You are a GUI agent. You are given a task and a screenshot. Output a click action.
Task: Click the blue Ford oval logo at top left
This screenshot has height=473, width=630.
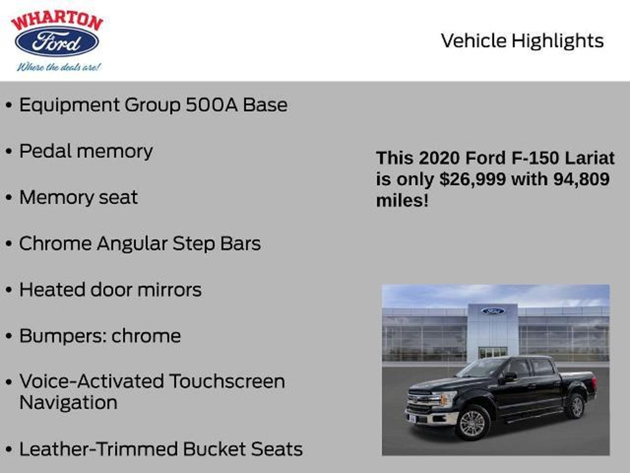pos(57,41)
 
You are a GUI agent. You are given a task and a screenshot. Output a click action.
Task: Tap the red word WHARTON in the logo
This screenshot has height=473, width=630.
pos(57,22)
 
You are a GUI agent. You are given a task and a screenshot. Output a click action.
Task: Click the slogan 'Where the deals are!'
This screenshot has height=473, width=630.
pos(59,67)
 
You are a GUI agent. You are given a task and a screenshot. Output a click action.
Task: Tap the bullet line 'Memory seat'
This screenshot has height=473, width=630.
pos(78,197)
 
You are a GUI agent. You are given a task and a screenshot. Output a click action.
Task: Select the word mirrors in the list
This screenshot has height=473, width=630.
pos(169,290)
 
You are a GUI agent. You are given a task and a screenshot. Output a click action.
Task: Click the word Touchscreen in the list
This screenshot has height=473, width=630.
pos(227,381)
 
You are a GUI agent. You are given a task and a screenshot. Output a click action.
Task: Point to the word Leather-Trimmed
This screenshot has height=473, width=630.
pos(98,449)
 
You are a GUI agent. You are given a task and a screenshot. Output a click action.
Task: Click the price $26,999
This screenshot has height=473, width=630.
pos(473,179)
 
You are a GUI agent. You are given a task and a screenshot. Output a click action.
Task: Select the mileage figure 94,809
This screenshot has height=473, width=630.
pos(581,179)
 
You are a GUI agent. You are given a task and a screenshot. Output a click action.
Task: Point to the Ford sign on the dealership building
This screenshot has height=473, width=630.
pos(492,311)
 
